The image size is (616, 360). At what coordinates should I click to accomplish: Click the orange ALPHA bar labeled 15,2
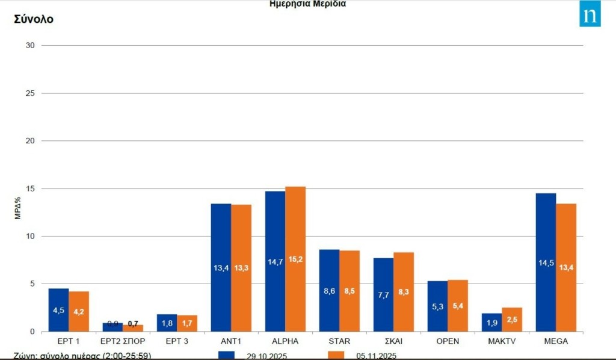[295, 259]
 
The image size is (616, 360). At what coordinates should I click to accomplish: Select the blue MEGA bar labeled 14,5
[546, 262]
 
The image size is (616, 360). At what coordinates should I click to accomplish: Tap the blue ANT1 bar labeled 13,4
[221, 267]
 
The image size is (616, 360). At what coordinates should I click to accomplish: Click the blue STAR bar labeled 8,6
[329, 290]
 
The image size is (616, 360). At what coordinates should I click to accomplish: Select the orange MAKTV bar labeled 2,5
[512, 319]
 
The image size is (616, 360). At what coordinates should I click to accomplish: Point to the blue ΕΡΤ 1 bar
[58, 310]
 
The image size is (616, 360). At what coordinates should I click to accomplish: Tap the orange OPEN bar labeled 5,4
[458, 305]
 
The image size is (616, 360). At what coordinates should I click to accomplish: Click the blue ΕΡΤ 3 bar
[167, 323]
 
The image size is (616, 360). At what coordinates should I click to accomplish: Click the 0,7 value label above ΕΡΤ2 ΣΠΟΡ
[133, 324]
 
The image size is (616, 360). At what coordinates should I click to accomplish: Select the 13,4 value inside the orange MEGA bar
[566, 267]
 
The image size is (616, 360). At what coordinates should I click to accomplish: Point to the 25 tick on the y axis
[31, 93]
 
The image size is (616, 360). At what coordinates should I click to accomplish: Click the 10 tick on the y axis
[31, 236]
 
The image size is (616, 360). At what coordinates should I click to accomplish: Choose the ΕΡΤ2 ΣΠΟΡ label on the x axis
[123, 341]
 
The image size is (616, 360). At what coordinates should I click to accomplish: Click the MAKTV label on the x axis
[502, 341]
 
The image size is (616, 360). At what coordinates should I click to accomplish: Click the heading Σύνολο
[34, 19]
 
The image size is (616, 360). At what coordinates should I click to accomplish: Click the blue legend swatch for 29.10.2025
[226, 355]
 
